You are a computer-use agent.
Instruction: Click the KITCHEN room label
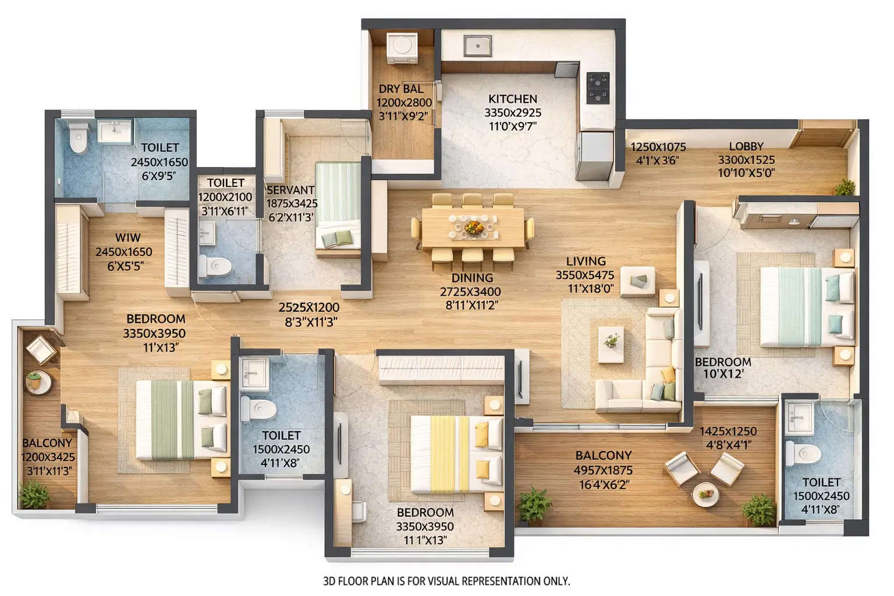click(x=512, y=99)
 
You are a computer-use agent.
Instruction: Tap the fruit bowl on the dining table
click(x=473, y=226)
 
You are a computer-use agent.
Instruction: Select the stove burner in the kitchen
click(x=597, y=88)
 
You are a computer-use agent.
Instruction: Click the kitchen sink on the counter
click(x=478, y=44)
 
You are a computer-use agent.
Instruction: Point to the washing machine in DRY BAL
click(x=402, y=46)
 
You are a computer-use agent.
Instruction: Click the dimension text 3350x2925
click(x=512, y=113)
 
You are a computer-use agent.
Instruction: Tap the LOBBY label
click(x=746, y=147)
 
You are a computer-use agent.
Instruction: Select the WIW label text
click(x=127, y=237)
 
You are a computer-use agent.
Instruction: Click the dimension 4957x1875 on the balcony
click(x=603, y=470)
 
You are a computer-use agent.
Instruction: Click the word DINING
click(x=471, y=278)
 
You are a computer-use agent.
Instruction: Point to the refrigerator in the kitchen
click(x=594, y=155)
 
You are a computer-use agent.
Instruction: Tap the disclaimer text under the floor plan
click(x=446, y=581)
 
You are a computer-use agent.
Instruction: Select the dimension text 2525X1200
click(x=308, y=307)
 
